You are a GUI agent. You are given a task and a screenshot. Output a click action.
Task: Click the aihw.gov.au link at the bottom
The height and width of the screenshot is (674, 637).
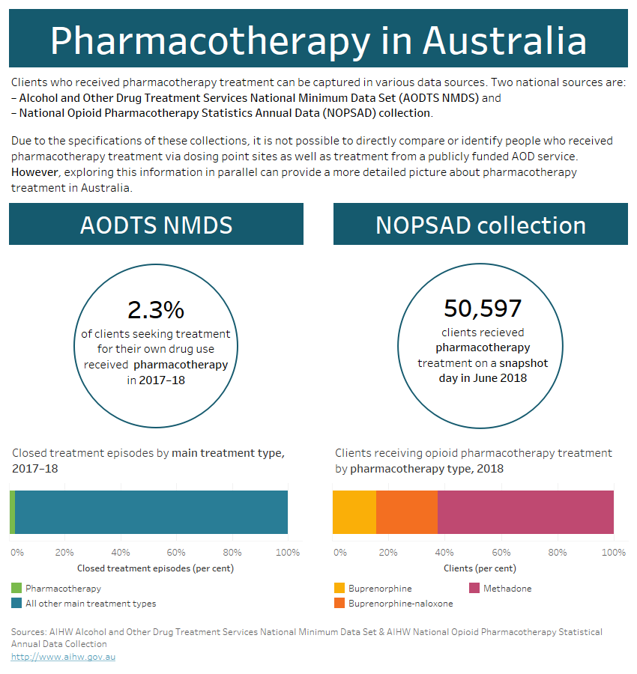[63, 657]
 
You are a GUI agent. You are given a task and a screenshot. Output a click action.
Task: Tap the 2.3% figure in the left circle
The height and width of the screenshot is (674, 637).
[156, 309]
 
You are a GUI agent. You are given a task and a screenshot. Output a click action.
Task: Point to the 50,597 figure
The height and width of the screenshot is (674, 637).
[482, 308]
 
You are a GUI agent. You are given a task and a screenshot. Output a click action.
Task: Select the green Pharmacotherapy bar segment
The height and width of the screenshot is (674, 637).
[12, 512]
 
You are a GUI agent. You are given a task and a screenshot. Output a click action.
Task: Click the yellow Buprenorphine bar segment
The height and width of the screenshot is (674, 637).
[354, 512]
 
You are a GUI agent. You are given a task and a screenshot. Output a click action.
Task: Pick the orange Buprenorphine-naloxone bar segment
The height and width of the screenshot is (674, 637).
[406, 512]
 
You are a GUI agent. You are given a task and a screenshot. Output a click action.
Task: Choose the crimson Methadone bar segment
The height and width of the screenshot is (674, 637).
[525, 512]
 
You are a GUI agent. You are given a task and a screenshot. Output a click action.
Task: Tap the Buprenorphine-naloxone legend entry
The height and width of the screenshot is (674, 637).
[400, 603]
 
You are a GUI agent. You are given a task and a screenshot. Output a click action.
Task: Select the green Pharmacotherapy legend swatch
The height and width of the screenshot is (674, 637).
[16, 589]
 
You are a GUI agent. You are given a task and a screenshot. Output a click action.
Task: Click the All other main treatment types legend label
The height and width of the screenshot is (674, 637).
[91, 603]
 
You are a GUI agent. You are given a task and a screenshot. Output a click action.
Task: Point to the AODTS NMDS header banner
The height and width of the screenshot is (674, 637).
[156, 225]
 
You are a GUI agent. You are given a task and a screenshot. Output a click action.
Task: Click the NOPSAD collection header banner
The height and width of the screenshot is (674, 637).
[480, 225]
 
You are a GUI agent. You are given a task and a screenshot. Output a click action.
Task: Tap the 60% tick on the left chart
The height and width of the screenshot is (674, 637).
[176, 553]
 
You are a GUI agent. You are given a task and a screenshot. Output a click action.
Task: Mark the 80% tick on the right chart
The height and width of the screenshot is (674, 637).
[558, 553]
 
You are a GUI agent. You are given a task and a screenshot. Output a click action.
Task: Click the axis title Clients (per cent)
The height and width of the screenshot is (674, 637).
[480, 568]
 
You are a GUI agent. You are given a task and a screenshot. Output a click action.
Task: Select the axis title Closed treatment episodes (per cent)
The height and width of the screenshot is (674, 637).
[155, 568]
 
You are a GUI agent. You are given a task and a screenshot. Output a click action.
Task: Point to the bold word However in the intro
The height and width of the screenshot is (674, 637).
[34, 172]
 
